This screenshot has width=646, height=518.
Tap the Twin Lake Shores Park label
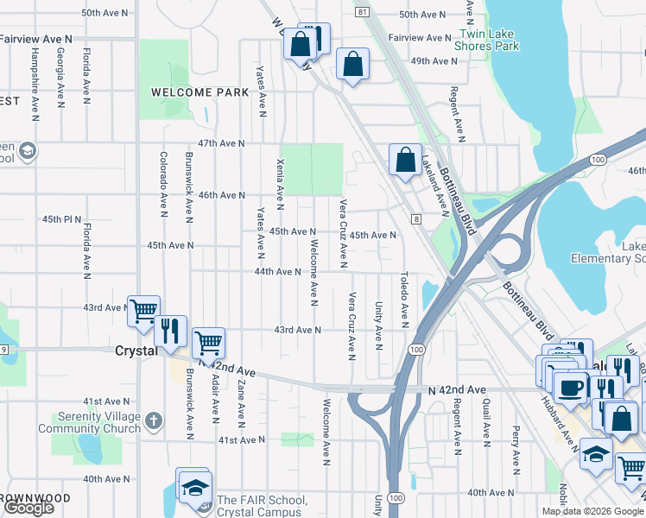coord(491,40)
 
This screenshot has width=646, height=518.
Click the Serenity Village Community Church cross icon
coord(154,421)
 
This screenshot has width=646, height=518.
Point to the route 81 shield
coord(362,11)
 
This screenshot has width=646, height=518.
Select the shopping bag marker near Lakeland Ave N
coord(405,159)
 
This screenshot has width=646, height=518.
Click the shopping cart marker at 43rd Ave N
coord(143,310)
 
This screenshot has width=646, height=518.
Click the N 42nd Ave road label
coord(457,390)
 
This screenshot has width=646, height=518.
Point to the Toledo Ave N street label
coord(403,300)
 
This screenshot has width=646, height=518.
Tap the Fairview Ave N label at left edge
coord(35,39)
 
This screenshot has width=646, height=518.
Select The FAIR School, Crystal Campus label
coord(261,506)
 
